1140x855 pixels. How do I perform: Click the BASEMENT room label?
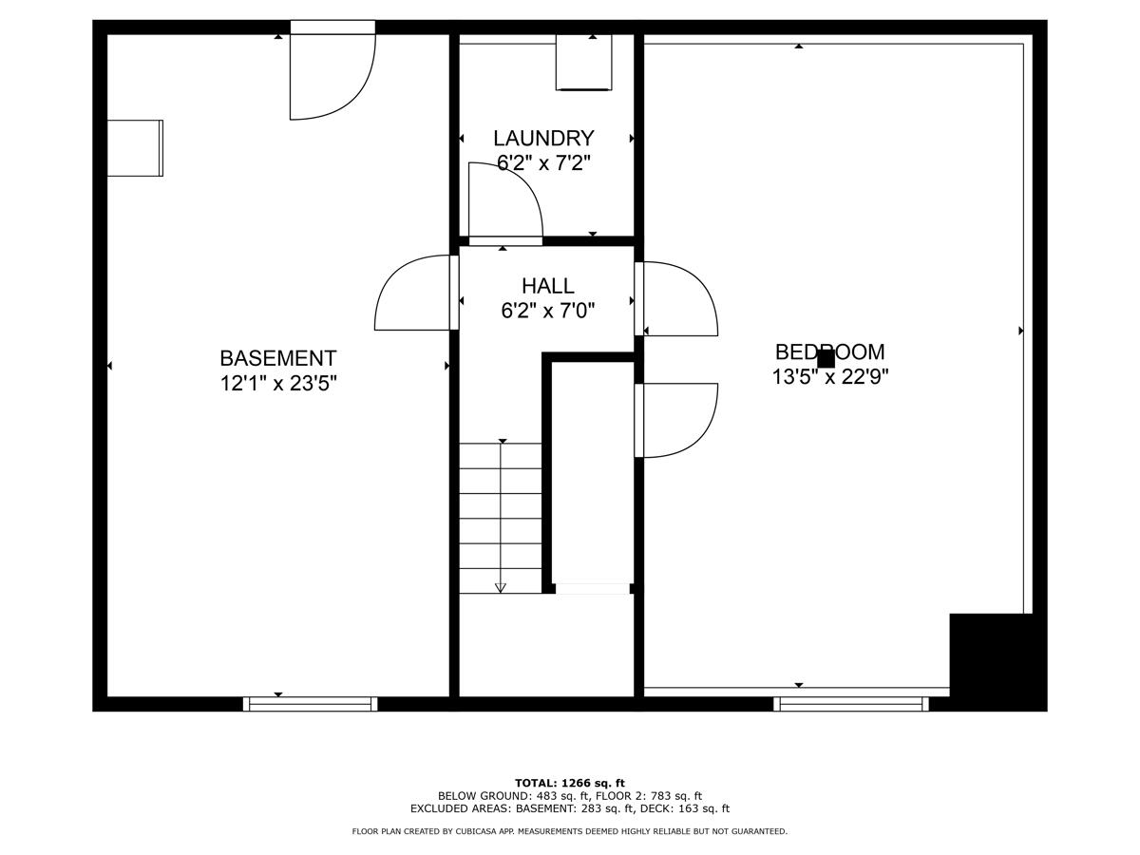(277, 358)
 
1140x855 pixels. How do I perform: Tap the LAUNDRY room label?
(543, 139)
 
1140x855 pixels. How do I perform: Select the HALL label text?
(547, 286)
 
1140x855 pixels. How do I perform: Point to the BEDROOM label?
(829, 352)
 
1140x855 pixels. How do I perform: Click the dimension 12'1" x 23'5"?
(278, 383)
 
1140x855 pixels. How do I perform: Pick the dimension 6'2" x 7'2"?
(543, 163)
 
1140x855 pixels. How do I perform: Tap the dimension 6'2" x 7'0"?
(547, 311)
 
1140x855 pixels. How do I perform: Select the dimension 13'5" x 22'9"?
(829, 377)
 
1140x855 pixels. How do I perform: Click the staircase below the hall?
(501, 518)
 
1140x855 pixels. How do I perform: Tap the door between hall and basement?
(414, 293)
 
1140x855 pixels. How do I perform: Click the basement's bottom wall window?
(311, 704)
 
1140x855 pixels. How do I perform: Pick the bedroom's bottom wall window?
(850, 704)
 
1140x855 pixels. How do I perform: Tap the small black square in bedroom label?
(826, 359)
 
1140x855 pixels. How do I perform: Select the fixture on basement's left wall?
(135, 148)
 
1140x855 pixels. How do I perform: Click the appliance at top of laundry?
(583, 63)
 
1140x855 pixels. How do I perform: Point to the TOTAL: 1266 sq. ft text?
(569, 783)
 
